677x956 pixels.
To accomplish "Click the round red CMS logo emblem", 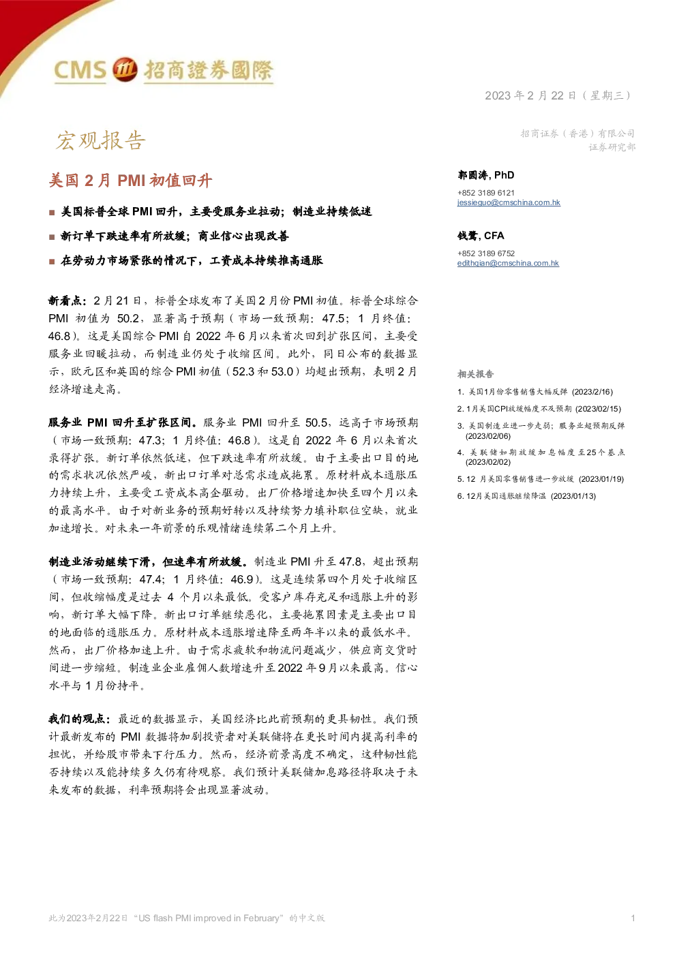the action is pyautogui.click(x=125, y=69).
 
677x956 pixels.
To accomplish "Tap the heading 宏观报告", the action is pyautogui.click(x=101, y=140).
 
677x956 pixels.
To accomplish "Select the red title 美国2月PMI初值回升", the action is pyautogui.click(x=130, y=181).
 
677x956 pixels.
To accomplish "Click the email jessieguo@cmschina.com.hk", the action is pyautogui.click(x=509, y=203).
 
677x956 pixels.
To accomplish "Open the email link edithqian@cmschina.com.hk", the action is pyautogui.click(x=508, y=263).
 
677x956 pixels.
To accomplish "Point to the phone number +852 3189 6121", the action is pyautogui.click(x=485, y=193).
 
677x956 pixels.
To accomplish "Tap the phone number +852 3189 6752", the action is pyautogui.click(x=485, y=253).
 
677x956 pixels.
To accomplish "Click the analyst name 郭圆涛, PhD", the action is pyautogui.click(x=485, y=175).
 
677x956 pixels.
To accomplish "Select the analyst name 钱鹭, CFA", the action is pyautogui.click(x=481, y=236).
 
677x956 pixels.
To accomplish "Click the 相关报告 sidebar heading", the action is pyautogui.click(x=475, y=374).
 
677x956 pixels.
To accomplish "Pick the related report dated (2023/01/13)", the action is pyautogui.click(x=526, y=496).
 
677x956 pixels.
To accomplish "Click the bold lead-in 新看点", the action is pyautogui.click(x=67, y=301).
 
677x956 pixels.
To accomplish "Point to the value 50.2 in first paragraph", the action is pyautogui.click(x=128, y=318).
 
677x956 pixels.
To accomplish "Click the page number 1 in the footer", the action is pyautogui.click(x=633, y=918).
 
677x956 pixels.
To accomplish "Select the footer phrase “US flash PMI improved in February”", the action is pyautogui.click(x=209, y=918).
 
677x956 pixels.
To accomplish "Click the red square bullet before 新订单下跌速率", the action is pyautogui.click(x=52, y=237).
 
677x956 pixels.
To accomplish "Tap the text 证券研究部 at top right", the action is pyautogui.click(x=612, y=147).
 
